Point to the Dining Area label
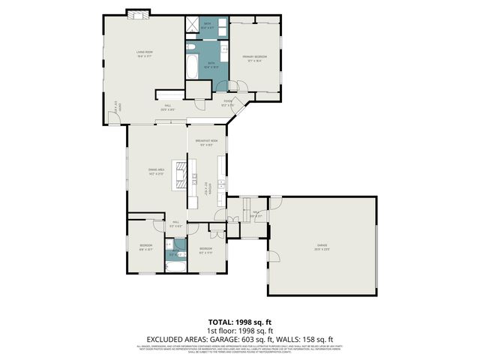[157, 172]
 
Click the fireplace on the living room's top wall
[138, 13]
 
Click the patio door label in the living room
[115, 107]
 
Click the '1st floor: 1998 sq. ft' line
[239, 329]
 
